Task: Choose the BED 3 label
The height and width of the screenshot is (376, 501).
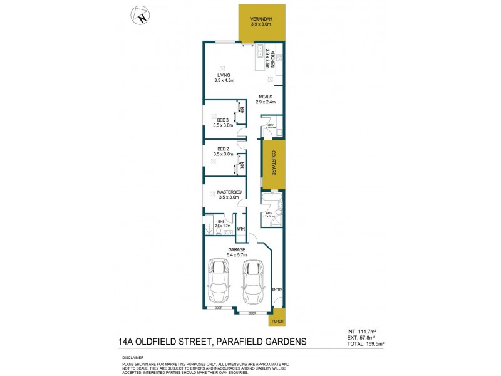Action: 223,120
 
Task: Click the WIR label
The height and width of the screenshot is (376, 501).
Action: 240,228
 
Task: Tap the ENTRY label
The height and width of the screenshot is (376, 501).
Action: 277,290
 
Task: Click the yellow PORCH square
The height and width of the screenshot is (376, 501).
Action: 276,321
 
